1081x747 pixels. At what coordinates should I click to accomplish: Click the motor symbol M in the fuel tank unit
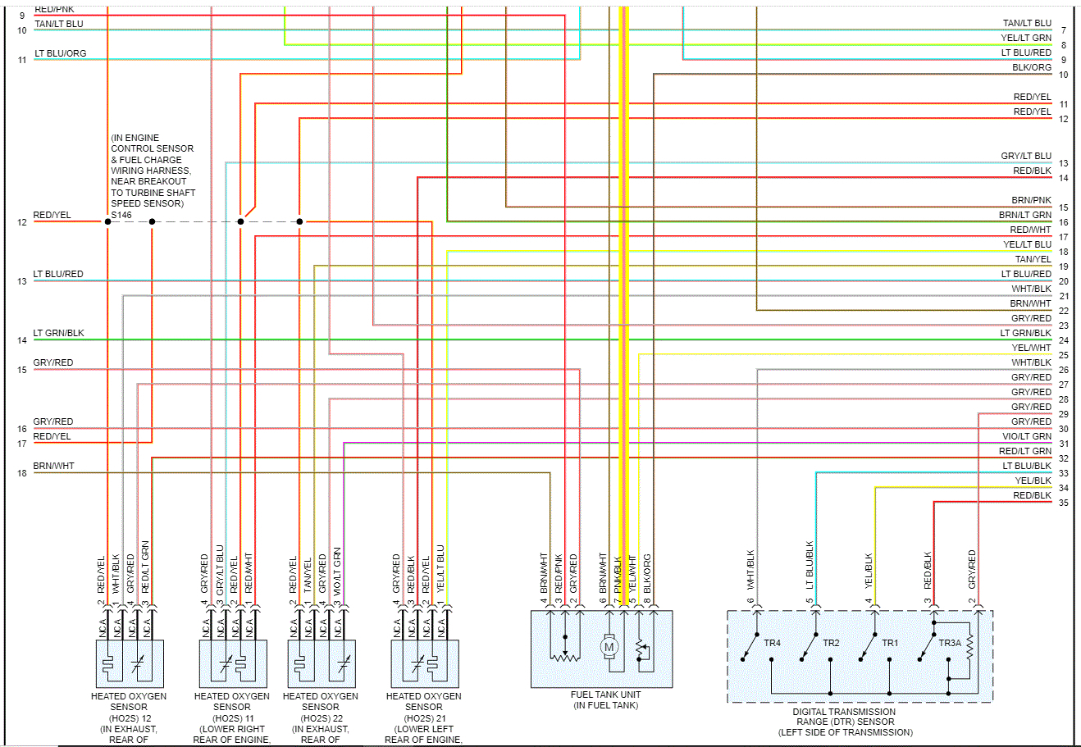click(x=609, y=647)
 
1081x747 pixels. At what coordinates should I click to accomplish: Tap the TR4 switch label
click(x=772, y=643)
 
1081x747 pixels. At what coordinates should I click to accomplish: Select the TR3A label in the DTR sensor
click(x=949, y=643)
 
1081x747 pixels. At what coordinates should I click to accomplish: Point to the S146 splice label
click(x=121, y=215)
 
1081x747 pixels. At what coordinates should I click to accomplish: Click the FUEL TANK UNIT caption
click(x=606, y=695)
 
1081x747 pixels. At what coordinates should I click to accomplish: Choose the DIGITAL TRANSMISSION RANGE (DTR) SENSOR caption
click(x=844, y=722)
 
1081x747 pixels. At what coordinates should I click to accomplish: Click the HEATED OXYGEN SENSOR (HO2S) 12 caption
click(x=129, y=712)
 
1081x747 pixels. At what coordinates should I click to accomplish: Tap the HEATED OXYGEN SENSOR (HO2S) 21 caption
click(x=423, y=712)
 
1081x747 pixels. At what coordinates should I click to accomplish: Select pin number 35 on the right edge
click(x=1064, y=503)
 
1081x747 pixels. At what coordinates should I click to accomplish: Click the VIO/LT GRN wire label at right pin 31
click(x=1026, y=436)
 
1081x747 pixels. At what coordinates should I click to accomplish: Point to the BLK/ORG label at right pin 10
click(x=1031, y=67)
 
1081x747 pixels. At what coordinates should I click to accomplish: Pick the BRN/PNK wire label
click(x=1031, y=200)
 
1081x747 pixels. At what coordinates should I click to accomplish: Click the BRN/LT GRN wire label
click(x=1024, y=215)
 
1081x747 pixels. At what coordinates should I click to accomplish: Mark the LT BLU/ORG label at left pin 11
click(x=60, y=53)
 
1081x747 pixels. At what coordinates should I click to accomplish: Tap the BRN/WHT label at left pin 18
click(x=53, y=466)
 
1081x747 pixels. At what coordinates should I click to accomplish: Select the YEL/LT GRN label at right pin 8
click(x=1025, y=38)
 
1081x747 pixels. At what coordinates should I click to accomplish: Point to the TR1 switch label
click(x=890, y=643)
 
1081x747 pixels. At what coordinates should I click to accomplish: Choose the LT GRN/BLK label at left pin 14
click(x=58, y=333)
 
